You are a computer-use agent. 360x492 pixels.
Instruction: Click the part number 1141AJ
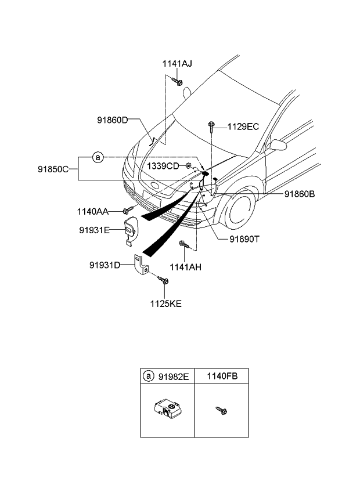177,63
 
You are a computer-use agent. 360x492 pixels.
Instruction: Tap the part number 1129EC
243,126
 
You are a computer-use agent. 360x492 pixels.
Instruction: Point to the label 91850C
54,169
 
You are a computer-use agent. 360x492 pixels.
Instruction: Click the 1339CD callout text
164,166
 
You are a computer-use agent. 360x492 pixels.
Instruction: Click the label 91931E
95,230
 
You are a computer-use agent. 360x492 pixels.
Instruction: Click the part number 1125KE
166,302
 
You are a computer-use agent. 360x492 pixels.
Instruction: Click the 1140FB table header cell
221,377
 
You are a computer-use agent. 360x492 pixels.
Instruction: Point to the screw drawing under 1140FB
221,411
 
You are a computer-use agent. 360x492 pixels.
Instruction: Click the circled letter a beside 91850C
98,157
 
